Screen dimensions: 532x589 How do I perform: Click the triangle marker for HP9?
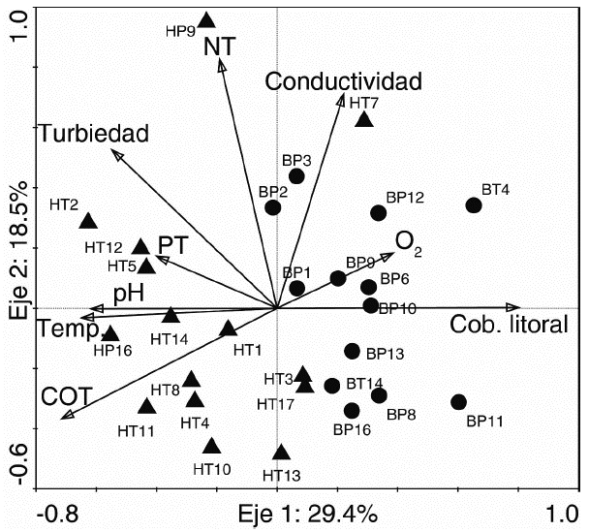coord(206,20)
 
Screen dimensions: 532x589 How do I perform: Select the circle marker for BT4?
coord(474,205)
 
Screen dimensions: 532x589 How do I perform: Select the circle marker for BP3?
coord(296,176)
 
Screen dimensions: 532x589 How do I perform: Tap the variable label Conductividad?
coord(344,80)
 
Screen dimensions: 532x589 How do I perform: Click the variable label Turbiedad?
coord(93,134)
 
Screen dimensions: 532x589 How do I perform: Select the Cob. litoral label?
coord(509,326)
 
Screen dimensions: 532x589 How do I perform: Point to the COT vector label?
coord(59,396)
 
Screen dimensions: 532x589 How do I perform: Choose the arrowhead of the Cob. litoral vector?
coord(515,308)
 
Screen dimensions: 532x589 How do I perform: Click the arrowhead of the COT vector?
coord(66,417)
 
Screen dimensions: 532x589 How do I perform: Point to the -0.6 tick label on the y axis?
coord(18,466)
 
